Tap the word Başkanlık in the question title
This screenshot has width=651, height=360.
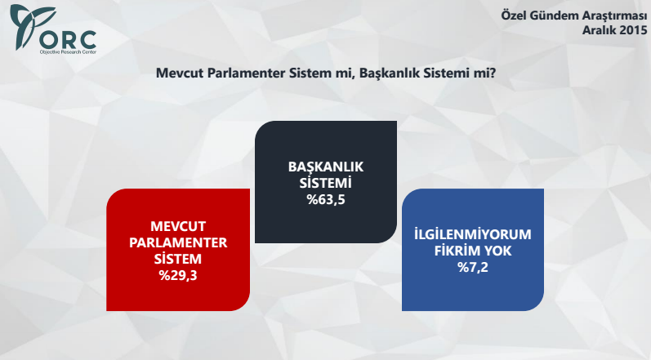(x=388, y=74)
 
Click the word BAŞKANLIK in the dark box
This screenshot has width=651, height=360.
(x=326, y=167)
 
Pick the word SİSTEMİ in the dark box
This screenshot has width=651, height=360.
(x=326, y=182)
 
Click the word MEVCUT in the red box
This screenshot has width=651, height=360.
(x=177, y=226)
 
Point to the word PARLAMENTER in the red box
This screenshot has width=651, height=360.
(x=177, y=242)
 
